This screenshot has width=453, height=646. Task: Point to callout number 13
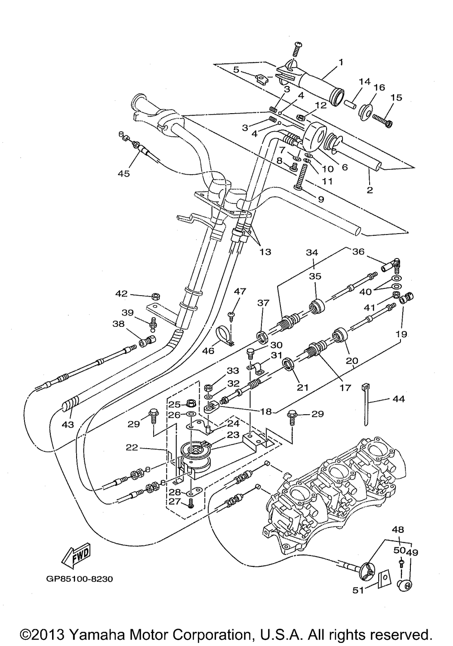point(265,252)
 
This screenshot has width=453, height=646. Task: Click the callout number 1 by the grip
point(341,62)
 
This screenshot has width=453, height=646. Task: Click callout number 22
point(132,448)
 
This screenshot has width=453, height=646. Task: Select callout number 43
point(68,424)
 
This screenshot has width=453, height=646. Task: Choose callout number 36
point(359,252)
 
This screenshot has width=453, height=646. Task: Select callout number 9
point(321,199)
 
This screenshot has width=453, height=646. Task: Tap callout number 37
point(263,302)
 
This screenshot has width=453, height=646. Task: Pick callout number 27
point(175,501)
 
